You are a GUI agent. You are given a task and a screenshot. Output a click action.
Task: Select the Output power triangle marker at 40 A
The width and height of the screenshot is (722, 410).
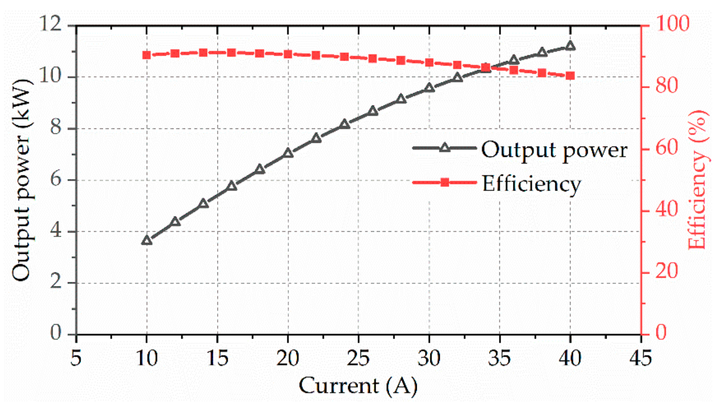click(x=570, y=46)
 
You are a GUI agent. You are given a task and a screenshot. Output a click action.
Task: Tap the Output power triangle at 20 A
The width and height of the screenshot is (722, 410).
click(x=288, y=153)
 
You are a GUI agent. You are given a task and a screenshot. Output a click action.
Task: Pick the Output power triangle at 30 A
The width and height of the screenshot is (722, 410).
click(x=429, y=88)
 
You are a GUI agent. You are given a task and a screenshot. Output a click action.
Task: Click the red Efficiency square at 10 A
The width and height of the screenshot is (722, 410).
click(x=147, y=55)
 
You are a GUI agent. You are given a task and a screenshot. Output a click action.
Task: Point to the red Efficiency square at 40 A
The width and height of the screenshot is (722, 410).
click(x=570, y=76)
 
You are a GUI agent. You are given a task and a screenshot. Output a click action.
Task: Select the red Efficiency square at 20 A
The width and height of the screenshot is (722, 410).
click(x=288, y=54)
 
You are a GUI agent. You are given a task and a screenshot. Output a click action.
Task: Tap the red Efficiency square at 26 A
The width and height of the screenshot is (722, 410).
click(x=373, y=58)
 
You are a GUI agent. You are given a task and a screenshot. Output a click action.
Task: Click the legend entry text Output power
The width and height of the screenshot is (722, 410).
click(x=554, y=150)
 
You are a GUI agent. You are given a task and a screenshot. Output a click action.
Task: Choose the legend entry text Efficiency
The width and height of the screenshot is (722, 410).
click(x=531, y=184)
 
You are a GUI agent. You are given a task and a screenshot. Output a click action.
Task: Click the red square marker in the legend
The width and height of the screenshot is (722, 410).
click(x=445, y=182)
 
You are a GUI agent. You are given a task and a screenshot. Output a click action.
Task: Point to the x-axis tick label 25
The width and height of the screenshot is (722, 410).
click(x=358, y=358)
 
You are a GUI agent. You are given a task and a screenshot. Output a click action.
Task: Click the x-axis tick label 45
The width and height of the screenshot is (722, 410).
click(x=641, y=358)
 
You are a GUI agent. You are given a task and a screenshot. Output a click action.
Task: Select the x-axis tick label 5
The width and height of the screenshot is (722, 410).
click(x=76, y=358)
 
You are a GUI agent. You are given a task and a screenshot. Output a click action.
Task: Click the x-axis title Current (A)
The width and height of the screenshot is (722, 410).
click(x=358, y=386)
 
